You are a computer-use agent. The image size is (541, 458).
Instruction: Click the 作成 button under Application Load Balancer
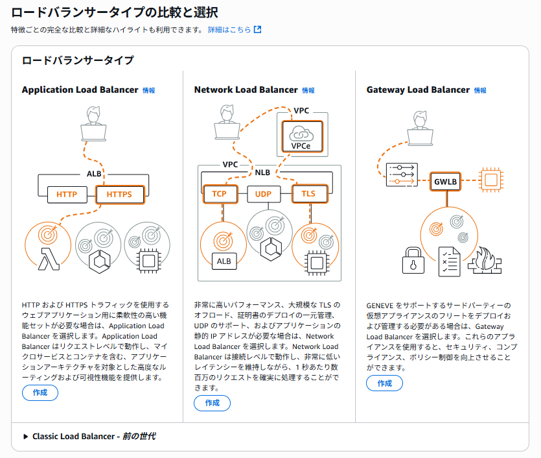pyautogui.click(x=40, y=392)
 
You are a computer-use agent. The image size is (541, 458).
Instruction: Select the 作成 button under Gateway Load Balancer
pyautogui.click(x=385, y=383)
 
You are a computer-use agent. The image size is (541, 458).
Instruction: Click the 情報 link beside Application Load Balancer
pyautogui.click(x=149, y=90)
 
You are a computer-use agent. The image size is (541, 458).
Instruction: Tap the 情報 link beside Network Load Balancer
pyautogui.click(x=308, y=90)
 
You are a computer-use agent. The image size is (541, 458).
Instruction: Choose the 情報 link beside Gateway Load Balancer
pyautogui.click(x=480, y=90)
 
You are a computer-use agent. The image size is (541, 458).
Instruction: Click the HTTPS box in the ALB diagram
pyautogui.click(x=119, y=194)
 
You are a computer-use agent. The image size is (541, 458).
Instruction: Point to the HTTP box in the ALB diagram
pyautogui.click(x=67, y=194)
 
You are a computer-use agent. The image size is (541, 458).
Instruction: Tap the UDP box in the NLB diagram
pyautogui.click(x=263, y=193)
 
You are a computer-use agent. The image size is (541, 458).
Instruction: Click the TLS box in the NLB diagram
pyautogui.click(x=308, y=193)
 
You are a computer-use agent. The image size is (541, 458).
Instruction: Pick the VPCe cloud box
pyautogui.click(x=301, y=136)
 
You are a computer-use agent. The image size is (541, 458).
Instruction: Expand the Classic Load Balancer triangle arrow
pyautogui.click(x=26, y=437)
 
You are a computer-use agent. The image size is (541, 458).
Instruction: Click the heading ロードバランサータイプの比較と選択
pyautogui.click(x=114, y=12)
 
